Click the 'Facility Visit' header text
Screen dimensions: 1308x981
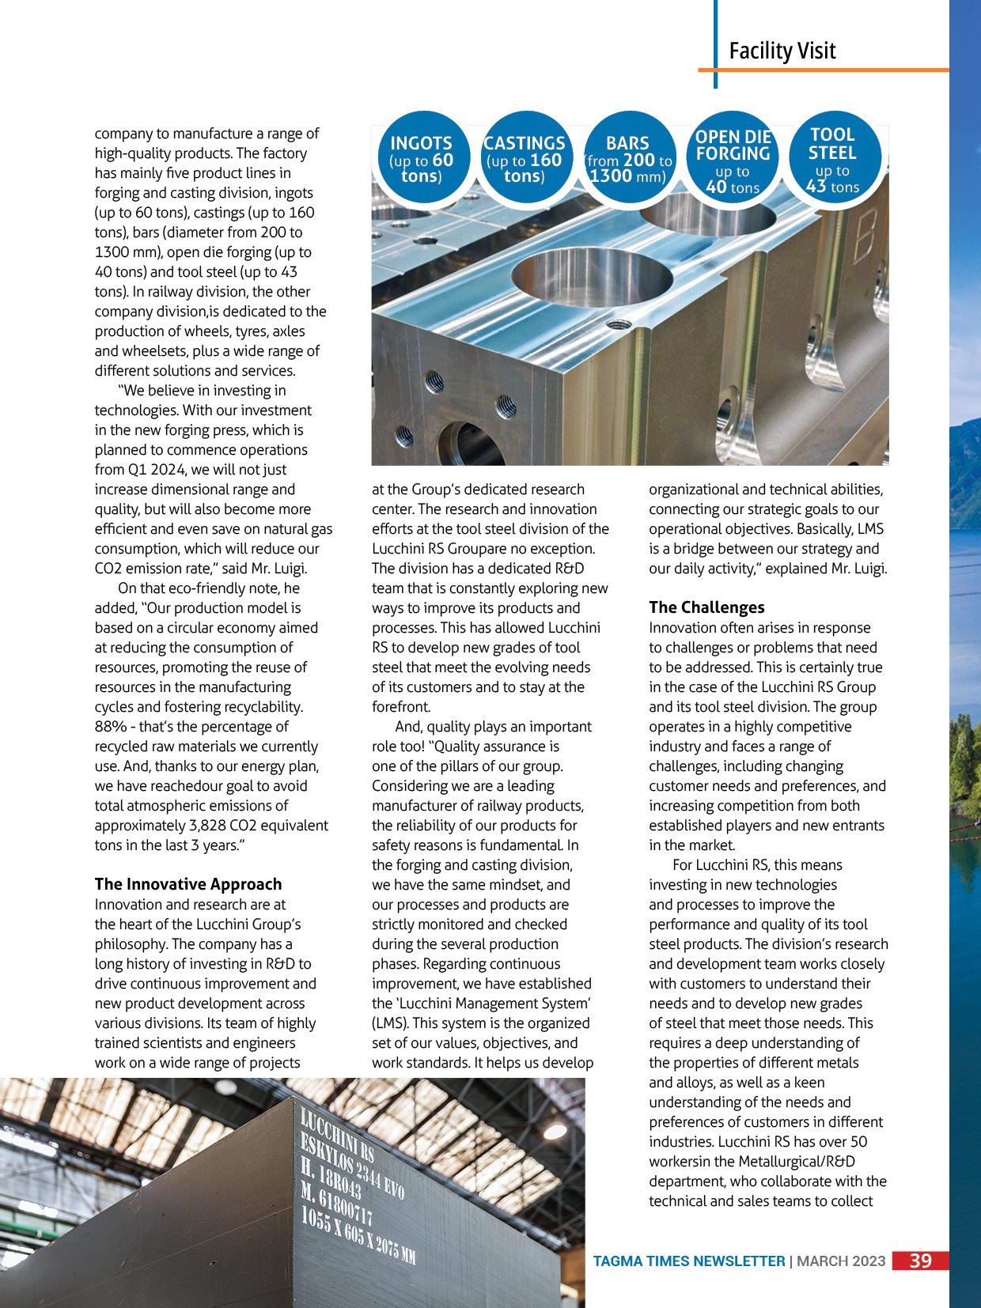point(782,51)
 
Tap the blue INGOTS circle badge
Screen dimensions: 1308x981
point(421,159)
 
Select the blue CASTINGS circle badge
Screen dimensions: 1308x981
point(524,159)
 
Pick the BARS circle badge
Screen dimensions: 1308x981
point(627,159)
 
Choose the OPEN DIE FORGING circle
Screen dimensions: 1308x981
point(733,161)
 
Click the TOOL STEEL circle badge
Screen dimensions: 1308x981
point(832,159)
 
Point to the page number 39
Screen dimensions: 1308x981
point(920,1261)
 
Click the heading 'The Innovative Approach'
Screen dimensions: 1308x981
point(188,884)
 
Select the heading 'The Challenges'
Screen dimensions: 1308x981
point(706,607)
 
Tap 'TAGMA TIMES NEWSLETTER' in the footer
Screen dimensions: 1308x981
point(689,1261)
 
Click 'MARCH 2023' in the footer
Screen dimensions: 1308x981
point(841,1261)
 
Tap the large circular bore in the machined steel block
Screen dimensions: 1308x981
point(592,277)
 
